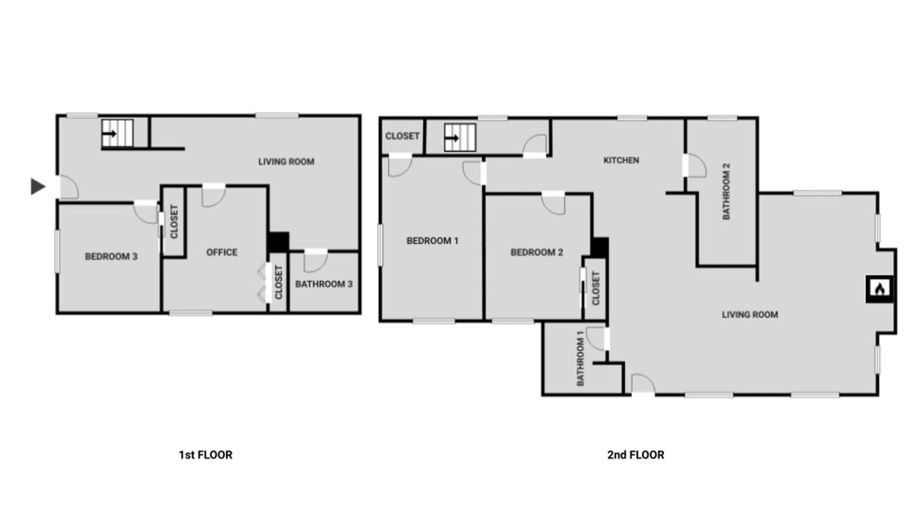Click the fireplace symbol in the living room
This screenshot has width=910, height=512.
(879, 289)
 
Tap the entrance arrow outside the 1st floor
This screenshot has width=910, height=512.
(38, 186)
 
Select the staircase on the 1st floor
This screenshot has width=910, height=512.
(117, 133)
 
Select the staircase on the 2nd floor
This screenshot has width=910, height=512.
(460, 138)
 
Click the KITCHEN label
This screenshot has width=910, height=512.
(621, 160)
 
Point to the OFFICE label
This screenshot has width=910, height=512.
(222, 252)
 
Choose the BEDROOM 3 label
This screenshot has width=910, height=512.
(111, 257)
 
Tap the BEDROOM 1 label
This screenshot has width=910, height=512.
(432, 240)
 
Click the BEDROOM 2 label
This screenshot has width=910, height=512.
(537, 252)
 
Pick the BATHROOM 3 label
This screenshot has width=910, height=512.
(323, 284)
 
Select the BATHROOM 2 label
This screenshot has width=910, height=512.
(727, 191)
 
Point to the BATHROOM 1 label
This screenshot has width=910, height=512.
(580, 358)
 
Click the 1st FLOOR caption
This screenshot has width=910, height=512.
(205, 454)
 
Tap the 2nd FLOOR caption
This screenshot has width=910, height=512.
(636, 454)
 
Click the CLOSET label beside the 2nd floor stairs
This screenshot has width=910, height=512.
(402, 136)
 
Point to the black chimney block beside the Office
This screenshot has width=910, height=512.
(278, 242)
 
